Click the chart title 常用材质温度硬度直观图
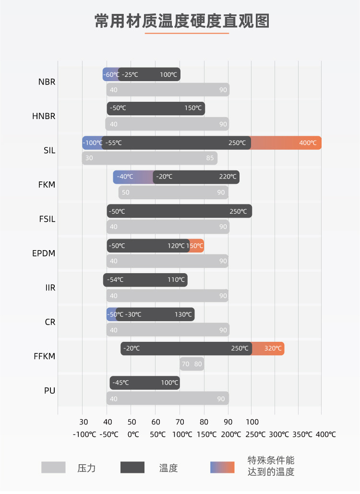pyautogui.click(x=182, y=21)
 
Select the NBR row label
pyautogui.click(x=47, y=82)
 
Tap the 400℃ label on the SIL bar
pyautogui.click(x=308, y=143)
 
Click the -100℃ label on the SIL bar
pyautogui.click(x=92, y=143)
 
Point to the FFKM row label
pyautogui.click(x=45, y=356)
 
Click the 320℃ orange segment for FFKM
pyautogui.click(x=273, y=349)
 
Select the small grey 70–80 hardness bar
pyautogui.click(x=192, y=364)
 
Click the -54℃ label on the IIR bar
pyautogui.click(x=115, y=280)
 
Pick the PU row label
pyautogui.click(x=50, y=390)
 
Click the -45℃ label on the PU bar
pyautogui.click(x=120, y=383)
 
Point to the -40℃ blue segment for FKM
pyautogui.click(x=126, y=177)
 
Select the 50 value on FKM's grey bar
pyautogui.click(x=125, y=193)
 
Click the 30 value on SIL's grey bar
pyautogui.click(x=89, y=158)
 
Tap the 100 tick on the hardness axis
pyautogui.click(x=252, y=422)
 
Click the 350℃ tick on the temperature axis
pyautogui.click(x=302, y=434)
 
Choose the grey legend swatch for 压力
pyautogui.click(x=53, y=468)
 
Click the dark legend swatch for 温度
pyautogui.click(x=132, y=468)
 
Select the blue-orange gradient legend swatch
pyautogui.click(x=222, y=468)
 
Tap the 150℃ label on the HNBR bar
pyautogui.click(x=193, y=108)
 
